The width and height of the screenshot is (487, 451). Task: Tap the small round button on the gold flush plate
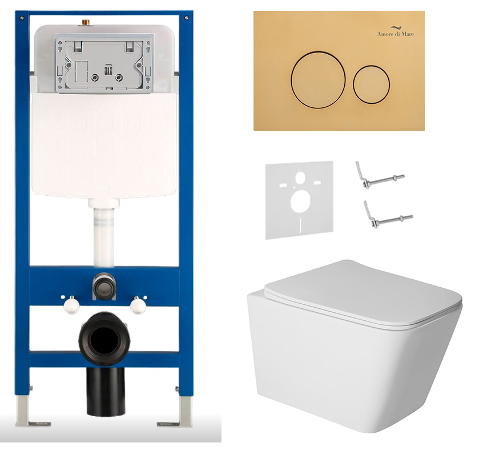tap(371, 84)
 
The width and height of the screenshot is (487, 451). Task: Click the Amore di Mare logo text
tap(396, 34)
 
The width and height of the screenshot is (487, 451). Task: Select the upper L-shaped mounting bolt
tap(380, 176)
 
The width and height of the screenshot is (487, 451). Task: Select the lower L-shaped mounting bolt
tap(388, 216)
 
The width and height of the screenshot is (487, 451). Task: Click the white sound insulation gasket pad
tap(299, 200)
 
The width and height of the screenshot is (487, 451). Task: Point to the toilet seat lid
tap(363, 294)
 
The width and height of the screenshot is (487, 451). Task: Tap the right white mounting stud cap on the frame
tap(138, 305)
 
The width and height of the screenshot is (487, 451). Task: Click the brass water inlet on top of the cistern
tap(84, 22)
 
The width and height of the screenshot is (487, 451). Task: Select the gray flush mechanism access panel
tap(104, 63)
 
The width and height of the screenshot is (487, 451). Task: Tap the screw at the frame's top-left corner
tap(22, 18)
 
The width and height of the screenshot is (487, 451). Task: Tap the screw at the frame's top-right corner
tap(186, 18)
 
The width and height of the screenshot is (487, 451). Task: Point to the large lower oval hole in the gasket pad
tap(300, 202)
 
